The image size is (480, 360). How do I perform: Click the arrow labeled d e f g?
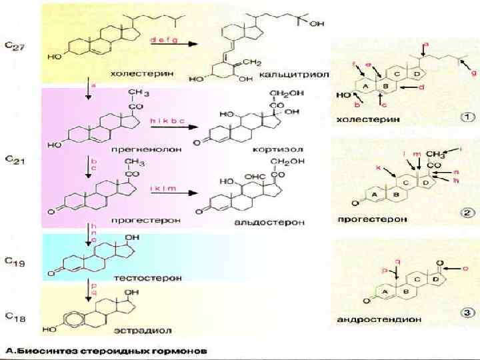[x=172, y=45]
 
